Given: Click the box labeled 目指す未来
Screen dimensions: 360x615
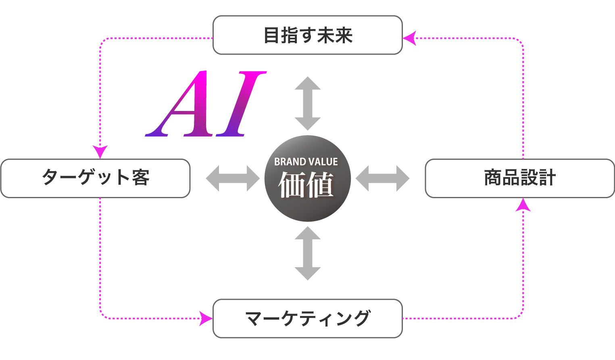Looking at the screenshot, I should tap(307, 35).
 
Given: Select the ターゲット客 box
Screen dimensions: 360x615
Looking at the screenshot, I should tap(95, 178).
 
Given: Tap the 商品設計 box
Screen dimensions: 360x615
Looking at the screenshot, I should tap(519, 178).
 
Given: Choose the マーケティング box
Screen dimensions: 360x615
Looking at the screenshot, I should tap(307, 318).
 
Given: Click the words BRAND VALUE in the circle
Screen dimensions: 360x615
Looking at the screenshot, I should tap(306, 162).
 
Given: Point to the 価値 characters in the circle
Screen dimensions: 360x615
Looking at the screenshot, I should tap(306, 185).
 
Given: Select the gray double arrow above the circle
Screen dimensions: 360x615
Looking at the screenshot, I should tap(307, 103).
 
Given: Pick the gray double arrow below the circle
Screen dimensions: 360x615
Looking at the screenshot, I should tap(307, 253).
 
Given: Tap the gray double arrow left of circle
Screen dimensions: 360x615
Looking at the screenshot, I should tap(233, 178).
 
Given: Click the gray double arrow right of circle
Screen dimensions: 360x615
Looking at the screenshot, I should tap(382, 178).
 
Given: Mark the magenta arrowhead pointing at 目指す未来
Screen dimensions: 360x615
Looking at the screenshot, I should tap(409, 38).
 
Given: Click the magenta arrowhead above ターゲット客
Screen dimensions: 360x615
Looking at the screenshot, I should tap(100, 152).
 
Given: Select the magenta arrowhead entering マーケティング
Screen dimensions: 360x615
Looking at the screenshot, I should tap(206, 318).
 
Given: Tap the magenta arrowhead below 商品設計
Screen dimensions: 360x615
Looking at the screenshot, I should tap(523, 205).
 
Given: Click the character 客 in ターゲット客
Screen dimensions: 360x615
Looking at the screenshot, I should tap(140, 178).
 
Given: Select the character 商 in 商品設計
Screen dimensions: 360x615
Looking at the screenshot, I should tap(492, 178).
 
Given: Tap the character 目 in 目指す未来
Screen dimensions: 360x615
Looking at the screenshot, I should tap(272, 36).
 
